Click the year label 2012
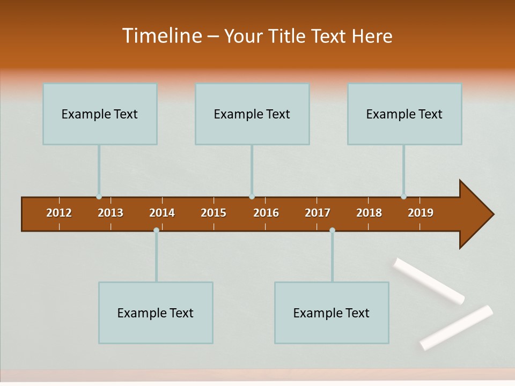tap(59, 213)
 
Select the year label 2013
tap(111, 213)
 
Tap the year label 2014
tap(162, 213)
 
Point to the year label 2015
tap(214, 213)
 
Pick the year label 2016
tap(266, 213)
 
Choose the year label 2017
tap(318, 213)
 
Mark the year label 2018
tap(369, 213)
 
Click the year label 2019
tap(421, 213)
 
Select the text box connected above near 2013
tap(100, 114)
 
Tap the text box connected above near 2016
tap(252, 114)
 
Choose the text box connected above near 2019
tap(404, 114)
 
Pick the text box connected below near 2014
tap(156, 313)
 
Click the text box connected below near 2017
tap(332, 313)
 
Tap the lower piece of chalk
tap(457, 328)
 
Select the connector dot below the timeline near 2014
tap(156, 230)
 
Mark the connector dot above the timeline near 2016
tap(252, 197)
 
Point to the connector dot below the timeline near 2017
tap(332, 230)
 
